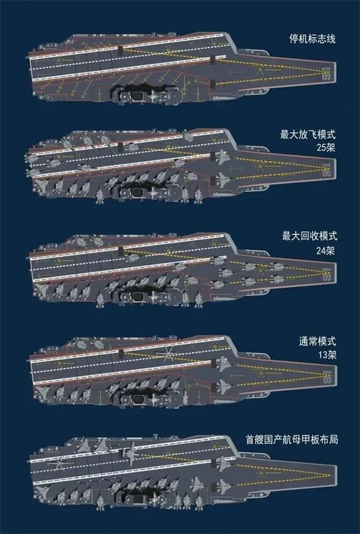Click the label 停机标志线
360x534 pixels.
[313, 39]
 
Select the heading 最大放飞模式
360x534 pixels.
[308, 134]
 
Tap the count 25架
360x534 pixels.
[325, 148]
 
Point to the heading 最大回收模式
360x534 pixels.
[309, 236]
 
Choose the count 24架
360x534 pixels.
[325, 251]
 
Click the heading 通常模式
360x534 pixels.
[318, 341]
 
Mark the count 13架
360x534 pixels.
[327, 355]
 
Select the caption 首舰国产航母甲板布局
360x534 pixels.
[292, 439]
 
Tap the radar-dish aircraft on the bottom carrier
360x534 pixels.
[130, 452]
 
